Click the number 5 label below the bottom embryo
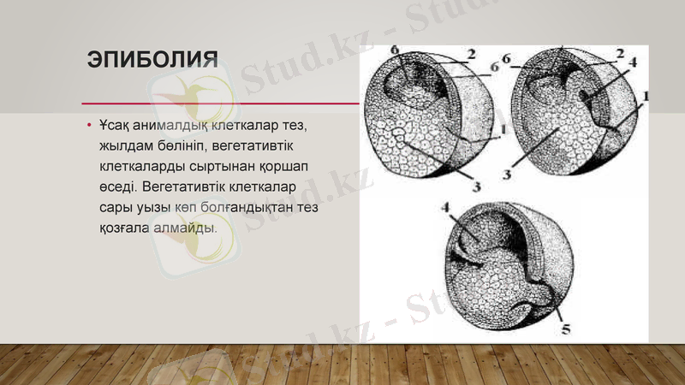565,328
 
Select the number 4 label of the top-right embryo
631,62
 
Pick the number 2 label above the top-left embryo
470,53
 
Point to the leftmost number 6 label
395,51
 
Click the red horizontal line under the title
214,102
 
